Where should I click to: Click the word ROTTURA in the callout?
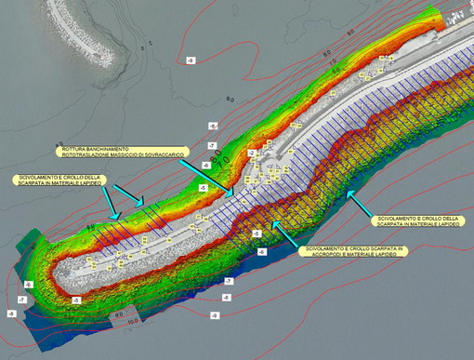coord(74,149)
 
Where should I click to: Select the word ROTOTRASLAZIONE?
coord(89,156)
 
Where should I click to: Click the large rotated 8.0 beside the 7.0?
coord(216,160)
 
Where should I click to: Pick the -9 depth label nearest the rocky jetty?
coord(190,60)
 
